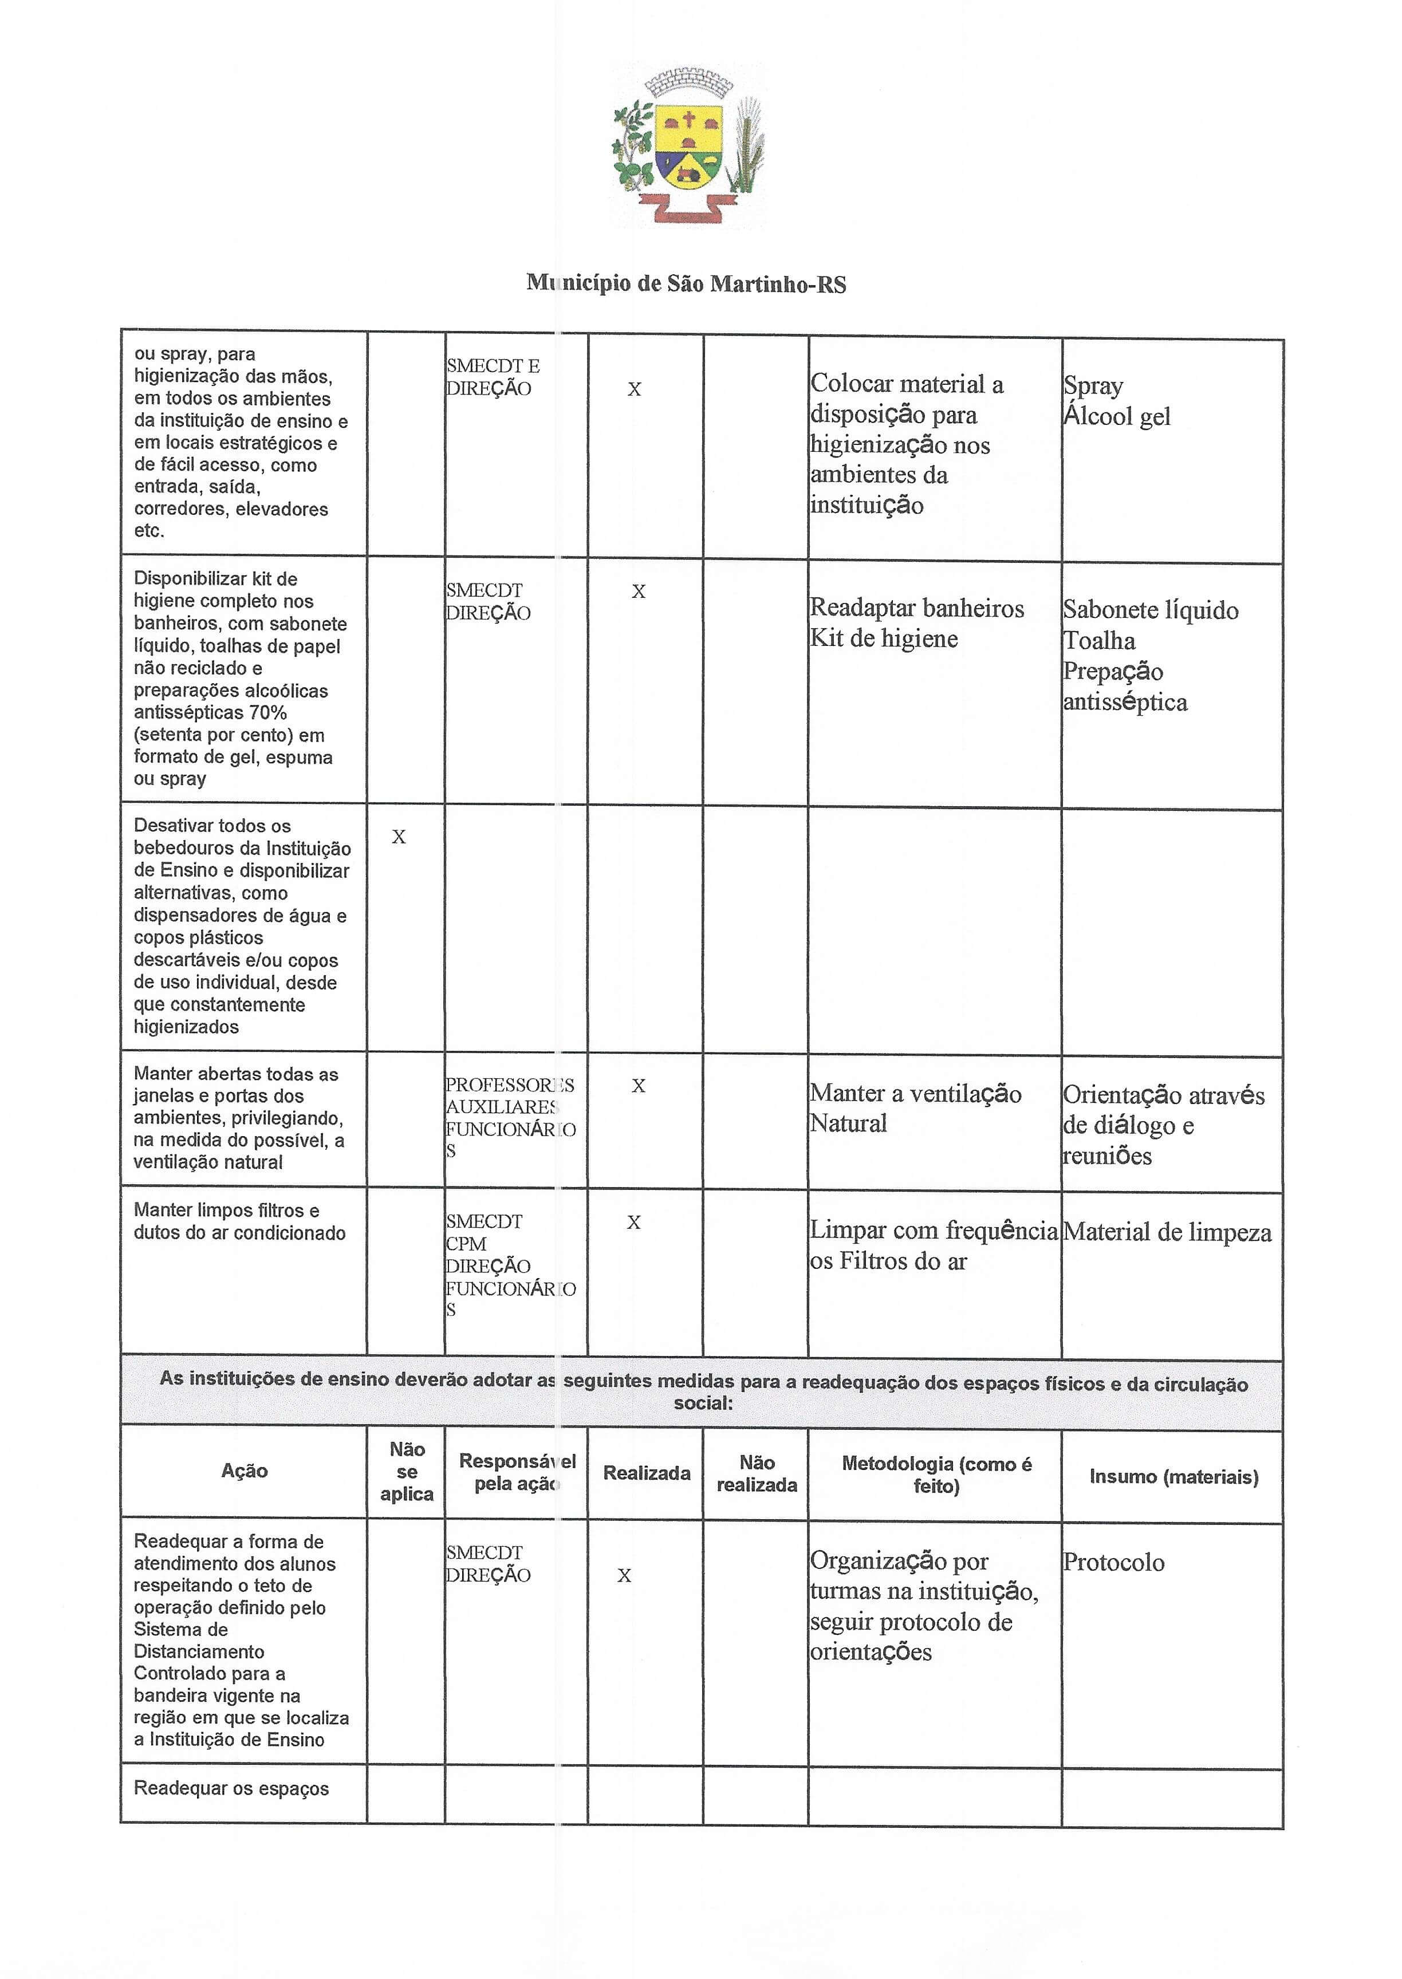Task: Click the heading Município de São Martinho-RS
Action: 686,284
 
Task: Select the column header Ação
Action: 245,1471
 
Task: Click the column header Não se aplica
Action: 407,1472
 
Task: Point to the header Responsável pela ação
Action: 516,1472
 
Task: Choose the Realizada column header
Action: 646,1472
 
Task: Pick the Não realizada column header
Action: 756,1473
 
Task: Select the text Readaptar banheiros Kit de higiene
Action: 916,623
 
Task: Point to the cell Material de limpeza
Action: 1166,1232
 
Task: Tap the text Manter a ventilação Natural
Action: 915,1108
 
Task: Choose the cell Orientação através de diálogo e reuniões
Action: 1162,1125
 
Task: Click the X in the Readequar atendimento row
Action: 624,1576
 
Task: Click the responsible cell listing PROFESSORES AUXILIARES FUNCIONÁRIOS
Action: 510,1118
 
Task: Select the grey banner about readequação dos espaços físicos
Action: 703,1391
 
